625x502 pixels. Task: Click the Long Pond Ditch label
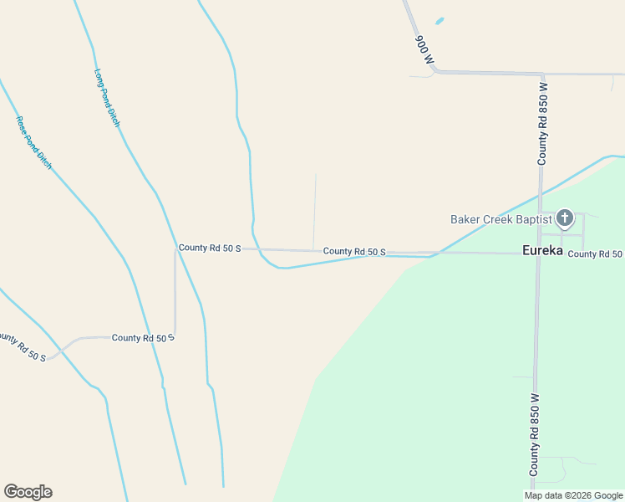tap(108, 98)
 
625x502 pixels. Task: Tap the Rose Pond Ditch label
tap(34, 142)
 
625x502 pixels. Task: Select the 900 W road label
tap(424, 49)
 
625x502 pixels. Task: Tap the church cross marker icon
tap(565, 219)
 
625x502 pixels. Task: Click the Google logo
tap(28, 492)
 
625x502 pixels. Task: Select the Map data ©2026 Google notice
tap(574, 495)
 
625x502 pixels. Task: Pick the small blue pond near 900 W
tap(440, 21)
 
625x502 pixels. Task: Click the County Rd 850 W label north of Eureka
tap(543, 122)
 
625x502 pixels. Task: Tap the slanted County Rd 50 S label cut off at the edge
tap(21, 348)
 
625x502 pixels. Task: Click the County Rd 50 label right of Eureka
tap(595, 254)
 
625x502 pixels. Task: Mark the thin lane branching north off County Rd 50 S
tap(315, 209)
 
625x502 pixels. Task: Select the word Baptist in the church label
tap(534, 219)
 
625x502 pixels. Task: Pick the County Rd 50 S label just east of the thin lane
tap(354, 251)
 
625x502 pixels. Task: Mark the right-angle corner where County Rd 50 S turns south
tap(175, 249)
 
